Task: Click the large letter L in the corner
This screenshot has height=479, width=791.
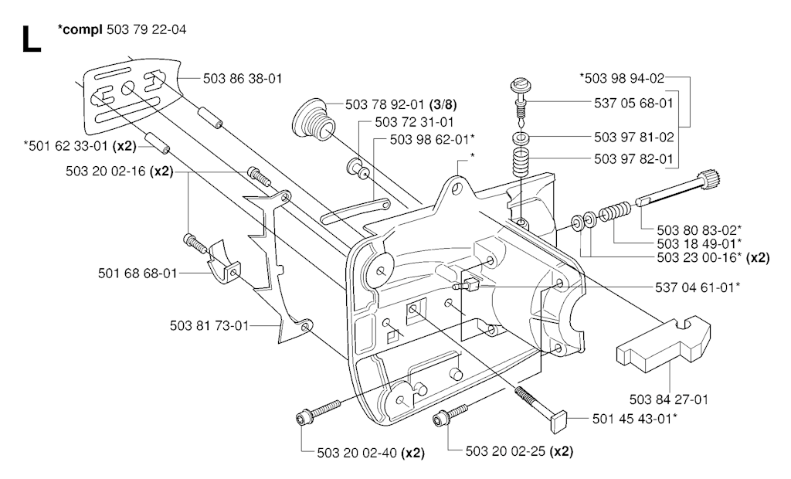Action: point(31,39)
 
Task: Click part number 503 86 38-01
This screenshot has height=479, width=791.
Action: point(243,78)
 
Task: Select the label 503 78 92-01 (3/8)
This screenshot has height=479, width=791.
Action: point(402,105)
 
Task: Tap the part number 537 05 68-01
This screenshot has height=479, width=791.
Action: point(633,103)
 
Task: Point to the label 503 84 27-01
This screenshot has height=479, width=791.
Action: point(669,399)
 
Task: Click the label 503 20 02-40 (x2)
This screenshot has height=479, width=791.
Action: point(371,453)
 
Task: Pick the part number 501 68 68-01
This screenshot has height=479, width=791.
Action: point(137,273)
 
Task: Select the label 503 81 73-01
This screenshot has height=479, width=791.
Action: point(210,325)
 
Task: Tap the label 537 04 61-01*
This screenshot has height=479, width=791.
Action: point(698,287)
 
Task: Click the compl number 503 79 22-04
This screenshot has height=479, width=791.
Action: point(147,30)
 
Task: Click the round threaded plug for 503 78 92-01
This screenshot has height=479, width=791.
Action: point(313,120)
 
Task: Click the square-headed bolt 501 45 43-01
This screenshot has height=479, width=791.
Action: point(541,404)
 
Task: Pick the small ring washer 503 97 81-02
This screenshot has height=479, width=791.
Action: point(521,138)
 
